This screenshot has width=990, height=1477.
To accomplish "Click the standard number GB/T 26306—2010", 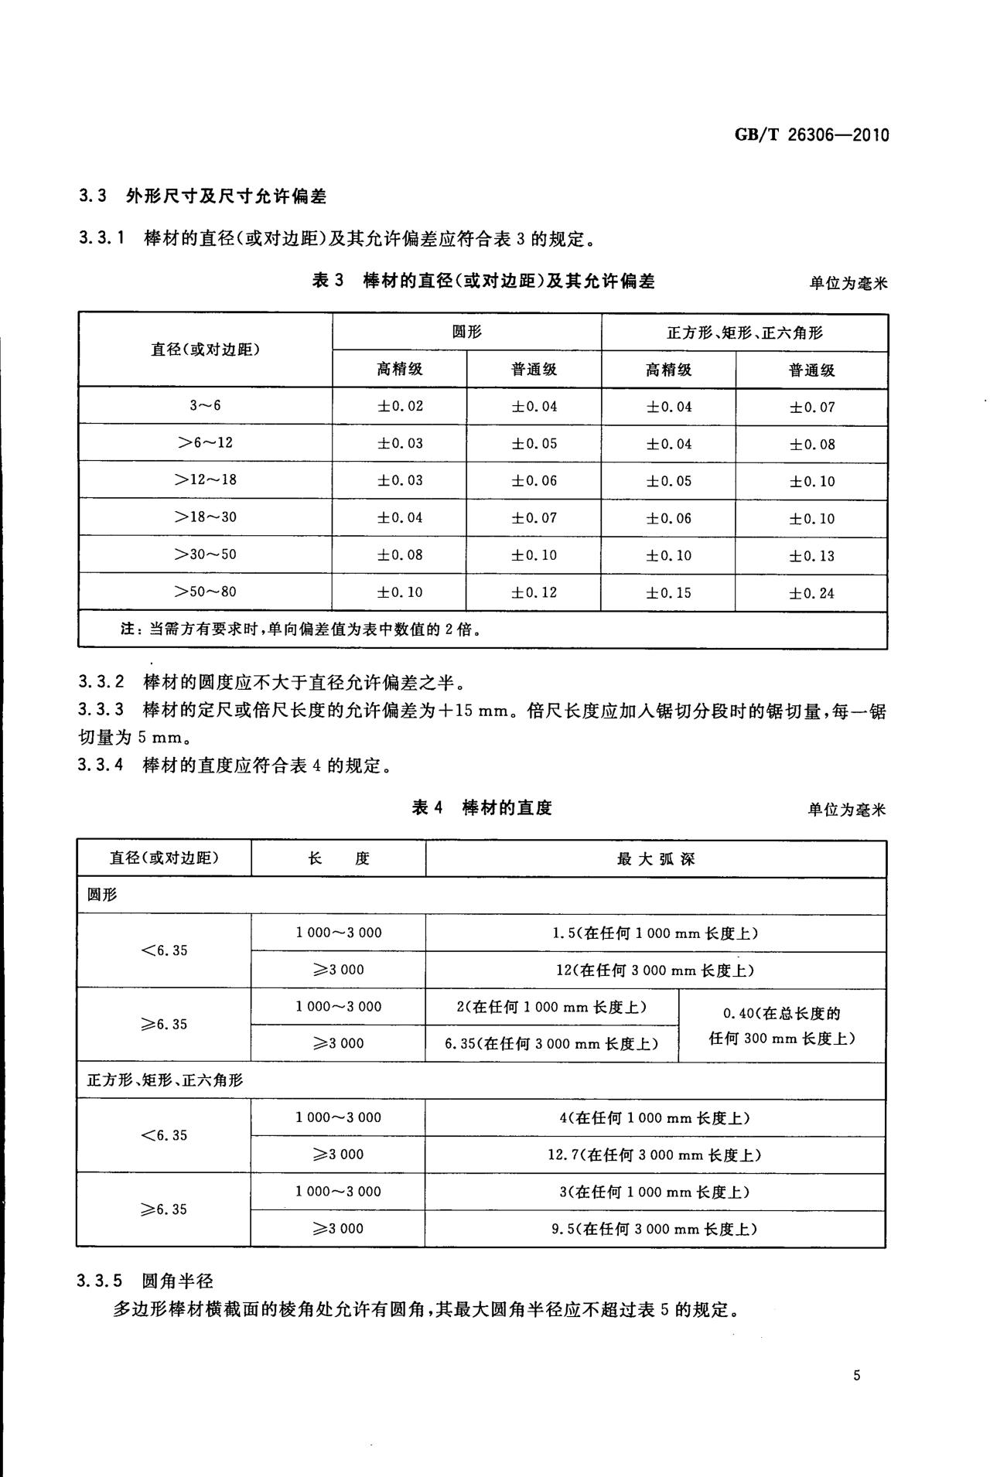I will [811, 135].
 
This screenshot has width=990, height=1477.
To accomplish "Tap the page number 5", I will [856, 1375].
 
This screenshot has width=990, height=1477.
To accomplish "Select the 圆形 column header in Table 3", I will [466, 333].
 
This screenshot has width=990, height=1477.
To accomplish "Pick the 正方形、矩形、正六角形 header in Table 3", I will [744, 333].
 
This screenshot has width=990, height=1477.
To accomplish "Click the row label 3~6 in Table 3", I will [205, 405].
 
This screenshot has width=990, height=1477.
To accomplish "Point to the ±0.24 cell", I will [811, 593].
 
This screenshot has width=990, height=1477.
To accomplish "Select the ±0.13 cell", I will [811, 556].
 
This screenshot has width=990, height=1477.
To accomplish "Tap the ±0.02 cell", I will [400, 406].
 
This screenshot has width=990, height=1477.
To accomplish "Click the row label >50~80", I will [205, 592].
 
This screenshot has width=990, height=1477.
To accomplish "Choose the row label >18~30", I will [205, 517].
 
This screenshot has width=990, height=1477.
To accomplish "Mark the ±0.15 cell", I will [668, 593].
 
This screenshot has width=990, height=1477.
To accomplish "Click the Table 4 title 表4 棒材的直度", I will [482, 808].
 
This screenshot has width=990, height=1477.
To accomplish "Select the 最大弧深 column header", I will [656, 858].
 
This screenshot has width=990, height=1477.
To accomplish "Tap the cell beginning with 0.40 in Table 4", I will [782, 1025].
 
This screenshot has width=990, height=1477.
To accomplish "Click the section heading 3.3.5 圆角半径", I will [145, 1281].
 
